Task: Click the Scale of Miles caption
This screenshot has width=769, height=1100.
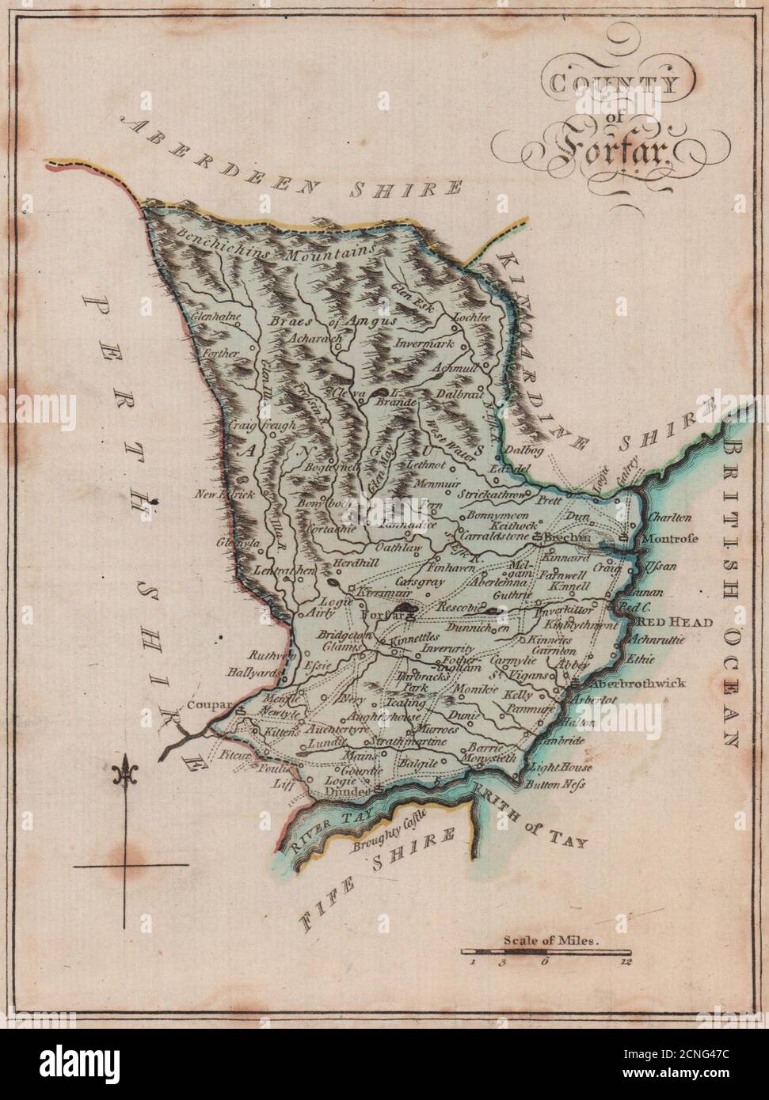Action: pos(551,942)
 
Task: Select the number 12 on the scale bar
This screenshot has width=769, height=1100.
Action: pos(626,963)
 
